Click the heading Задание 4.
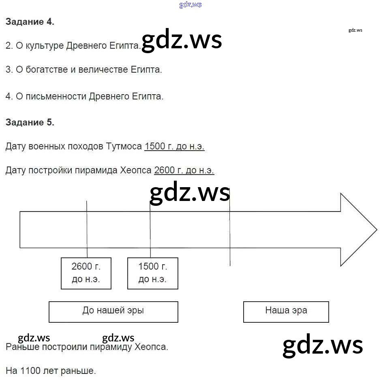pyautogui.click(x=30, y=22)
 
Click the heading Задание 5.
pyautogui.click(x=30, y=122)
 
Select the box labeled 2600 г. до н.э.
pyautogui.click(x=86, y=273)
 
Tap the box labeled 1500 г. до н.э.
pyautogui.click(x=153, y=273)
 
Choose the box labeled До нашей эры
pyautogui.click(x=113, y=311)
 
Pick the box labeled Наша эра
pyautogui.click(x=286, y=311)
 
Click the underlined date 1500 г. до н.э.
pyautogui.click(x=174, y=147)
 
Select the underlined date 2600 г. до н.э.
pyautogui.click(x=184, y=171)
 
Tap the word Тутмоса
pyautogui.click(x=124, y=147)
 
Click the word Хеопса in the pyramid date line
pyautogui.click(x=136, y=171)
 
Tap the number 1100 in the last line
pyautogui.click(x=30, y=371)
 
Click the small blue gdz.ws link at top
pyautogui.click(x=190, y=5)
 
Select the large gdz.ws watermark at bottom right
pyautogui.click(x=323, y=345)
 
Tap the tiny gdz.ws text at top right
pyautogui.click(x=355, y=30)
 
